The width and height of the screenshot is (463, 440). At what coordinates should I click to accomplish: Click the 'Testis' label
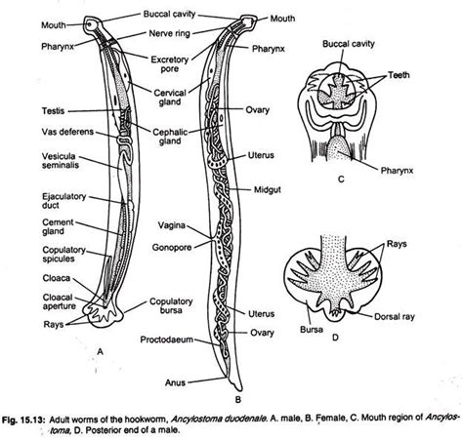(54, 111)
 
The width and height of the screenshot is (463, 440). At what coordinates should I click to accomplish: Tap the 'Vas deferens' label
(67, 132)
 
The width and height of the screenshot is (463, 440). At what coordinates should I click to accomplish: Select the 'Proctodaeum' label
(167, 340)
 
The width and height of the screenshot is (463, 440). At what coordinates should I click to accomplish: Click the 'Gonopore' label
(172, 248)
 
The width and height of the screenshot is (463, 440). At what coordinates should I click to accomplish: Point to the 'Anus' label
(175, 382)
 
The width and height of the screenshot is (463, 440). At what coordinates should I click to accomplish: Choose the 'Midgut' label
(268, 190)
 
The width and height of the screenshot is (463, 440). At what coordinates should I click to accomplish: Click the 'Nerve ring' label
(169, 33)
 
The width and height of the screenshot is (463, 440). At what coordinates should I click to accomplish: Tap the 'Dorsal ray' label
(395, 316)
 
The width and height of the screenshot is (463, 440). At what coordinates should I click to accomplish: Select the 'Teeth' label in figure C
(399, 75)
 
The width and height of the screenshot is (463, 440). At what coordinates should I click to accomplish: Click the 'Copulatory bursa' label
(171, 305)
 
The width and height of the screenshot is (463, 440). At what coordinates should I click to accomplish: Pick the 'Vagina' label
(172, 225)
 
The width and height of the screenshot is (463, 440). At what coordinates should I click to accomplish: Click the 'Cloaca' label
(57, 278)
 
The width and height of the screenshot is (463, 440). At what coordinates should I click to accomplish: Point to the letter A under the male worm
(100, 351)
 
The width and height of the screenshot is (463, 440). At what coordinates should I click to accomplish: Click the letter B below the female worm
(238, 399)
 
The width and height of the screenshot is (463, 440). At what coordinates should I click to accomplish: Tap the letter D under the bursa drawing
(335, 338)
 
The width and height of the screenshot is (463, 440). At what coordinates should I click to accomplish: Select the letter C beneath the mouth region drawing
(341, 180)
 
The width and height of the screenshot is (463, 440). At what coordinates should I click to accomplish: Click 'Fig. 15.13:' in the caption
(23, 420)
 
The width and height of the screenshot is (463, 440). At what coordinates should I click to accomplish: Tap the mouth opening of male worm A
(89, 24)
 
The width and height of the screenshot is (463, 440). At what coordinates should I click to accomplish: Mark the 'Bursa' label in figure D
(312, 330)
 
